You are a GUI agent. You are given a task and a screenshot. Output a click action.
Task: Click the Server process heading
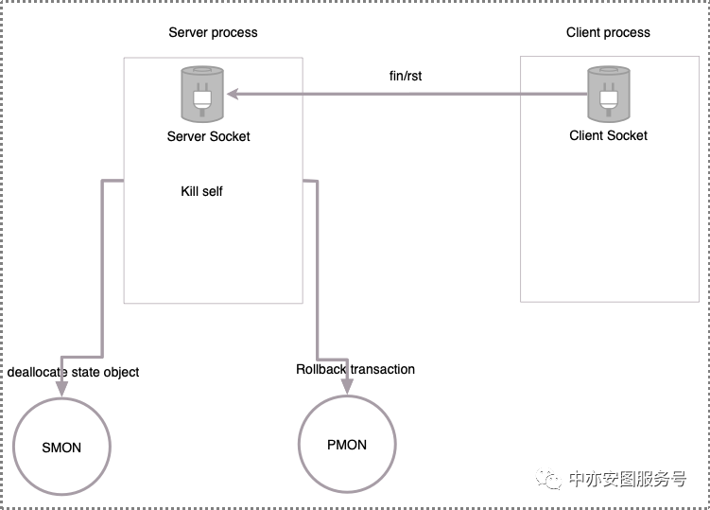point(213,32)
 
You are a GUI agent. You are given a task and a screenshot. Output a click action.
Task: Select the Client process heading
point(608,32)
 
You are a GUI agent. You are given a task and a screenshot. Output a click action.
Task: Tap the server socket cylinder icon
point(202,95)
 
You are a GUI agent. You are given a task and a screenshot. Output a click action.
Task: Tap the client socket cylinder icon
point(609,95)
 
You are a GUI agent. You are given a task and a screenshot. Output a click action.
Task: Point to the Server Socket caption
point(208,136)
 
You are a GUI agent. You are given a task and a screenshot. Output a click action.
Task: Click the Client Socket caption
point(608,135)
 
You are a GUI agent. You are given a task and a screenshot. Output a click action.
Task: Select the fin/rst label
point(406,76)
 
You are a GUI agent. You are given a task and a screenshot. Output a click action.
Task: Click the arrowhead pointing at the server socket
point(233,94)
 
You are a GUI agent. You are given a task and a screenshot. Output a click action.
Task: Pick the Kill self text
point(201,191)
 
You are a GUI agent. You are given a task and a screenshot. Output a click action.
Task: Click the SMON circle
point(61,447)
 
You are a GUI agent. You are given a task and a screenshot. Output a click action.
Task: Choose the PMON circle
point(347,444)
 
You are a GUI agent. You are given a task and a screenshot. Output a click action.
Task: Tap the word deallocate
point(38,372)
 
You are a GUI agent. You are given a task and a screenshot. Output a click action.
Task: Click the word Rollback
point(321,369)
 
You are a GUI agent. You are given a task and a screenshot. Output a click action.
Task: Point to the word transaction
point(383,369)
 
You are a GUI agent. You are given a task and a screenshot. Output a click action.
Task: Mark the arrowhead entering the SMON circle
point(61,390)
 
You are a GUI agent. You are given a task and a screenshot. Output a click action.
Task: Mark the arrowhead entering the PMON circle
point(347,387)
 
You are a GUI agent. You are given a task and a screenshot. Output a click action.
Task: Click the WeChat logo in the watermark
point(548,479)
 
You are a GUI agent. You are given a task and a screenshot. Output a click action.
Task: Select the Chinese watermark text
point(628,479)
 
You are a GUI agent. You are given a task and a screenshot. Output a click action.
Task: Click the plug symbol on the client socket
point(609,99)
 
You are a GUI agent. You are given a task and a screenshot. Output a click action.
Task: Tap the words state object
point(105,372)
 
